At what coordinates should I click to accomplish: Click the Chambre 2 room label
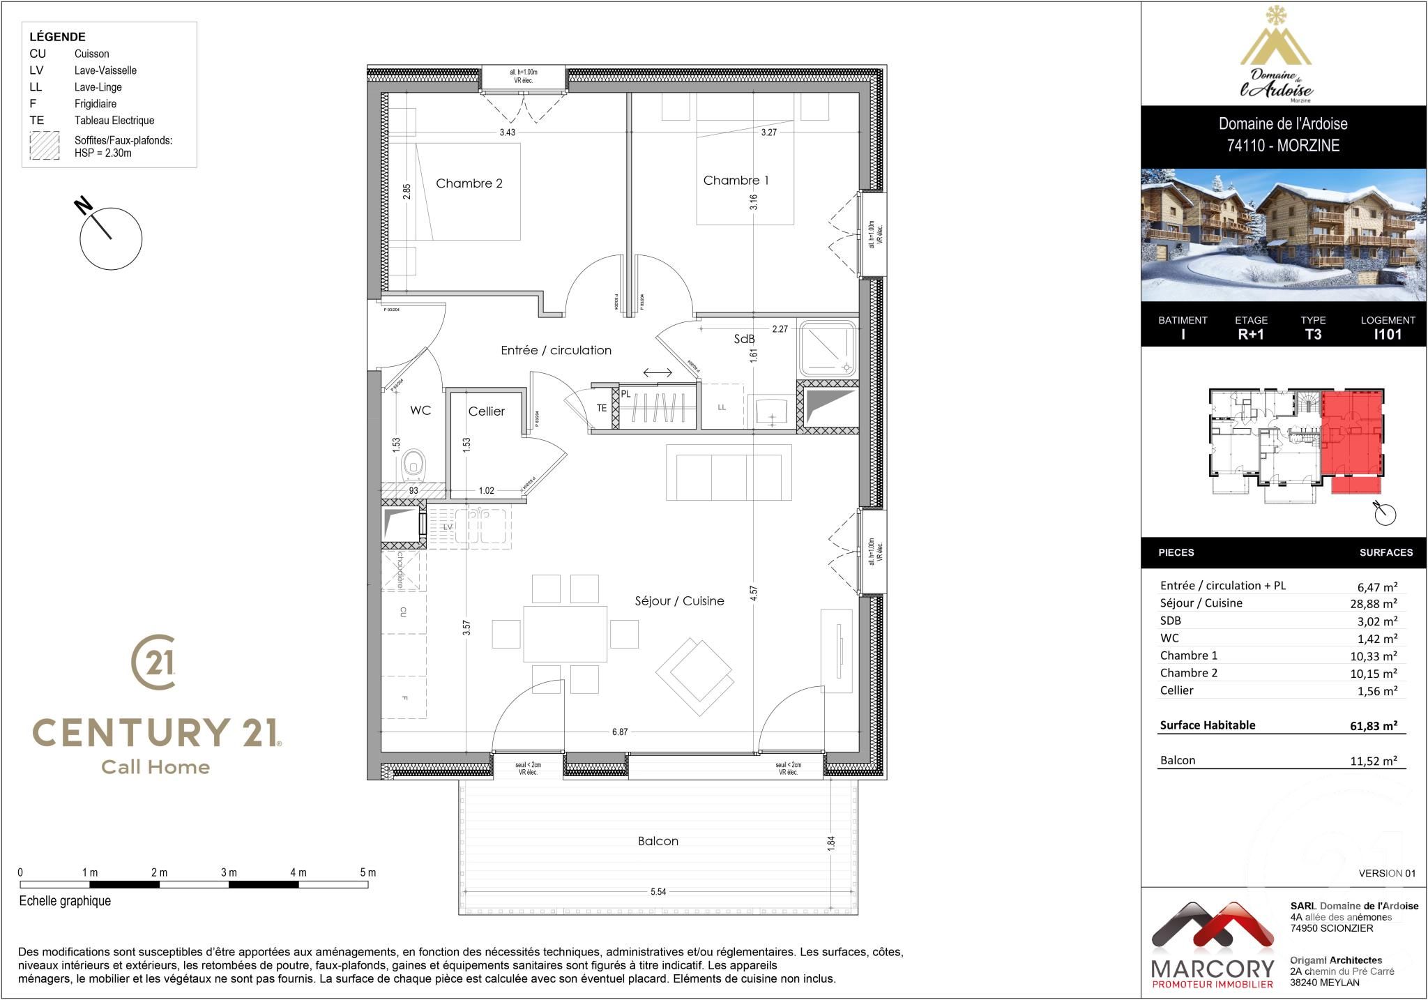tap(469, 183)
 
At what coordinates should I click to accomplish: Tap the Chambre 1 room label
tap(736, 181)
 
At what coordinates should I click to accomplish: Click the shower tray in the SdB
tap(827, 347)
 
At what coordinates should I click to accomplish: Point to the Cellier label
tap(486, 411)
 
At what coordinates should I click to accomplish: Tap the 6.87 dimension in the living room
tap(619, 732)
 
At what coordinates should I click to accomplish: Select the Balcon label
tap(658, 841)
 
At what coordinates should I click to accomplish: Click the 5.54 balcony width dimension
tap(658, 892)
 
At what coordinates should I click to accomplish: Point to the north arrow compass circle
tap(111, 238)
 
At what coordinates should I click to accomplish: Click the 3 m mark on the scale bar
tap(229, 872)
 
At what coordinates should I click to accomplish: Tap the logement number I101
tap(1387, 334)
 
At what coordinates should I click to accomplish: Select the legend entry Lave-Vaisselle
tap(105, 70)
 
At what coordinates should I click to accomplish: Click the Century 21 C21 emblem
tap(153, 661)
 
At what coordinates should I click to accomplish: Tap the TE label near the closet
tap(601, 409)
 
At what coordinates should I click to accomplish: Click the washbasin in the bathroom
tap(772, 411)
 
